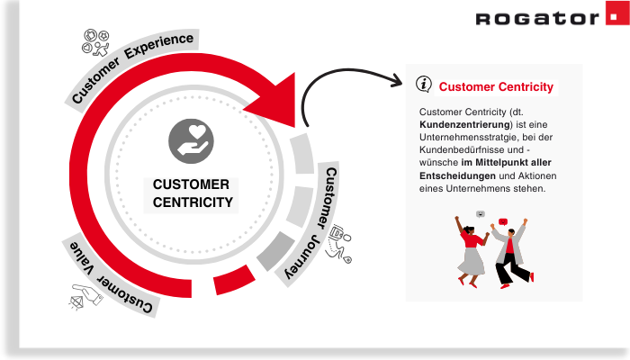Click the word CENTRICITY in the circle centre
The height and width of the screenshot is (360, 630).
(x=193, y=202)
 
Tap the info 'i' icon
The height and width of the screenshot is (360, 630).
(x=424, y=84)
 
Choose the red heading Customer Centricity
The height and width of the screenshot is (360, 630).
(x=496, y=87)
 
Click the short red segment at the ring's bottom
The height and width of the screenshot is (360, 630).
(x=230, y=284)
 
